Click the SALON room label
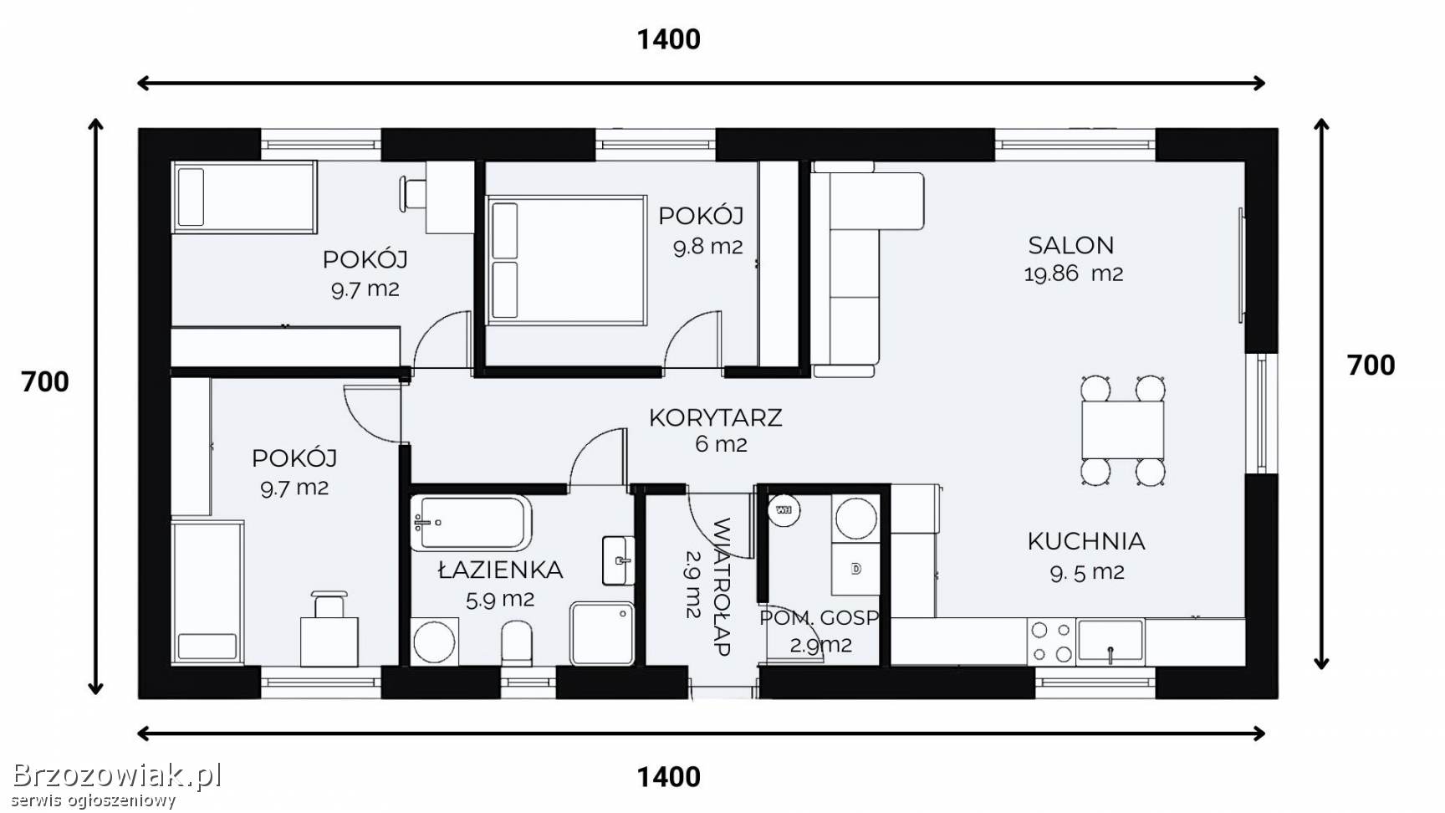point(1070,245)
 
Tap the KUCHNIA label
point(1086,541)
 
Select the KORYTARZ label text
point(716,417)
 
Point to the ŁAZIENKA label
point(500,570)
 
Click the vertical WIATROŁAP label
point(721,586)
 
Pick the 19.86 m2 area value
point(1074,274)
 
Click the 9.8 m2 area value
point(708,247)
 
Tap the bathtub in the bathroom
point(471,523)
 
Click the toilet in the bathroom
point(518,643)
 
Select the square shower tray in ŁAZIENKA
point(602,633)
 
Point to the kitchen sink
point(1111,642)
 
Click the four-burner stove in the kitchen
point(1051,642)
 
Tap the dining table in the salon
point(1123,429)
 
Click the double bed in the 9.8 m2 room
point(567,260)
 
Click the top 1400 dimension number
point(669,39)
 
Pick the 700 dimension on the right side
point(1371,366)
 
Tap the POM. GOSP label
point(820,618)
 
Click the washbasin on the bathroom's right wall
point(619,560)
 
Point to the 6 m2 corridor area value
point(721,445)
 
